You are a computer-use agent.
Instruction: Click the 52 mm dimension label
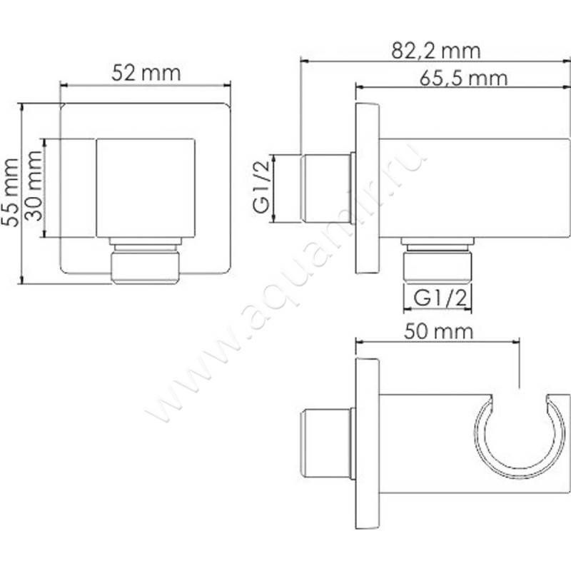click(146, 73)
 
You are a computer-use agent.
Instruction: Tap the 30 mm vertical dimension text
click(32, 187)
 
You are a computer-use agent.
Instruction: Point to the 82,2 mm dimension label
click(436, 51)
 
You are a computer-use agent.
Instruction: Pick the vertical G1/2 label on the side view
click(262, 188)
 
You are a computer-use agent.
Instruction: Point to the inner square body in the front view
click(146, 187)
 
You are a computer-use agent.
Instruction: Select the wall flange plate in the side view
click(368, 188)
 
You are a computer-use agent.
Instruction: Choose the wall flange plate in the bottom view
click(367, 443)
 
